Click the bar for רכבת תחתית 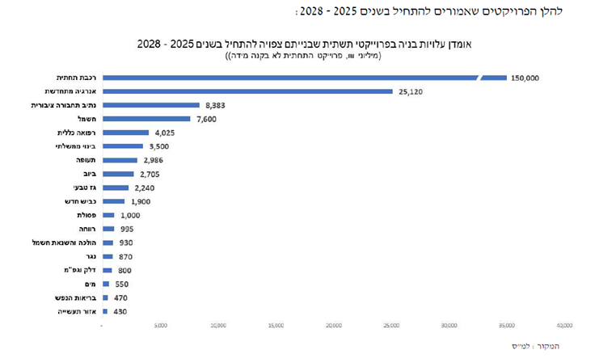(291, 78)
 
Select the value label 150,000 (525, 78)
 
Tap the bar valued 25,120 (247, 91)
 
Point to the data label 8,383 (215, 105)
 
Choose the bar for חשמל (146, 119)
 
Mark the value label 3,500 (158, 146)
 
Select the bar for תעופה (120, 160)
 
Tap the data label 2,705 (150, 174)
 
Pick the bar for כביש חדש (113, 201)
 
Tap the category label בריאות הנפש (74, 298)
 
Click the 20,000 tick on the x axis (333, 326)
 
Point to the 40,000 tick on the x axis (563, 326)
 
